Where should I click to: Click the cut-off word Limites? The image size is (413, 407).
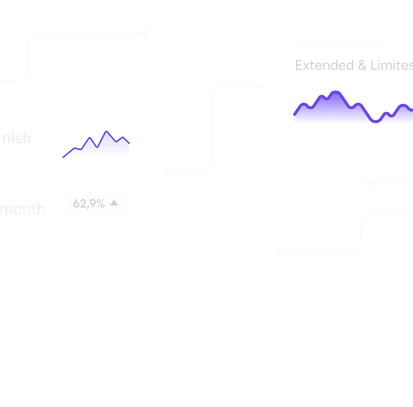coord(392,65)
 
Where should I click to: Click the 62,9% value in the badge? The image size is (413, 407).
coord(89,203)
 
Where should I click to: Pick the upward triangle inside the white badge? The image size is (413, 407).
coord(114,203)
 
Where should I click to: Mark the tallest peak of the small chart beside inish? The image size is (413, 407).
coord(106,133)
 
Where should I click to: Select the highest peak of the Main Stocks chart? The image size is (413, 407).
coord(335,93)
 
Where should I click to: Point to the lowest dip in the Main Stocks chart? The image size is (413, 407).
coord(375,121)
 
